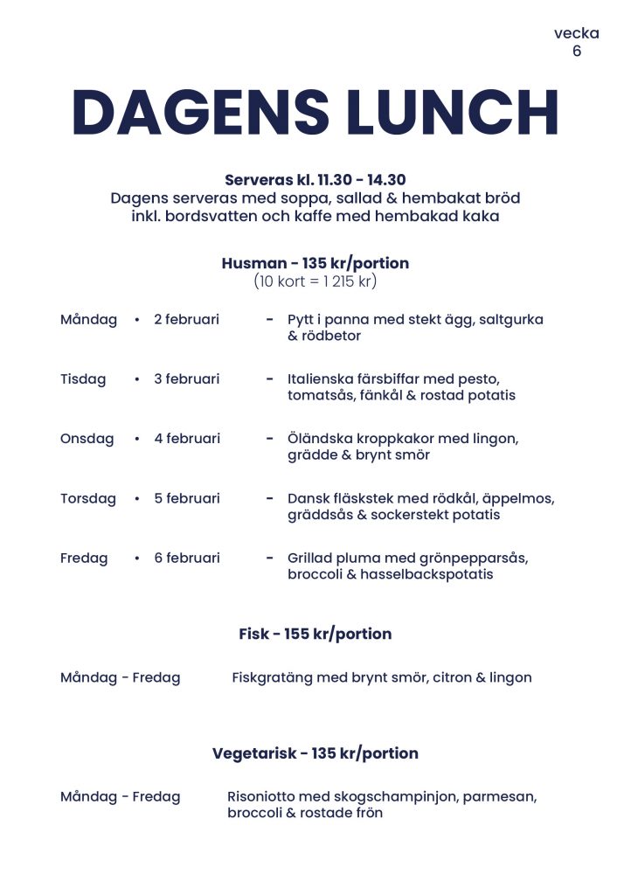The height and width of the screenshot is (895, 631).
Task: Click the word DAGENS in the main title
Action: pyautogui.click(x=201, y=112)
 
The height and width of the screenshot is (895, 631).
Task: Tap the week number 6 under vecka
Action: pyautogui.click(x=577, y=51)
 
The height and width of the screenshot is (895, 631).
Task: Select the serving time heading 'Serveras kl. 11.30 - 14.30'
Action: pyautogui.click(x=315, y=180)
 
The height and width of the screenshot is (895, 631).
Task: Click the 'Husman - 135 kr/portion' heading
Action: pyautogui.click(x=315, y=263)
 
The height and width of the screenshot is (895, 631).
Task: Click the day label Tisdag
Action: pyautogui.click(x=83, y=379)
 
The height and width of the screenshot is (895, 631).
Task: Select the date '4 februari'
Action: pyautogui.click(x=187, y=439)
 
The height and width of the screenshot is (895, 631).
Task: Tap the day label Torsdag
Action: pyautogui.click(x=88, y=498)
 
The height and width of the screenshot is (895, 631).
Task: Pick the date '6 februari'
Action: pyautogui.click(x=187, y=558)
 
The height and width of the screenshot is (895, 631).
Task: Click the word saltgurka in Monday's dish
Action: pyautogui.click(x=511, y=320)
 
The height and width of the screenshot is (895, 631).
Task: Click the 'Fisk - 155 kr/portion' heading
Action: pyautogui.click(x=315, y=634)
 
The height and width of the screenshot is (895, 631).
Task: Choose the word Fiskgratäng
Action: pyautogui.click(x=274, y=677)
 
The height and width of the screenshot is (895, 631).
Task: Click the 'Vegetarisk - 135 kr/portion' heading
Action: pyautogui.click(x=315, y=753)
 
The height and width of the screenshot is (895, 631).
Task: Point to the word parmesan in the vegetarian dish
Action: pyautogui.click(x=500, y=796)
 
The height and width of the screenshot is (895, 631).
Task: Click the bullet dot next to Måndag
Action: pyautogui.click(x=137, y=320)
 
